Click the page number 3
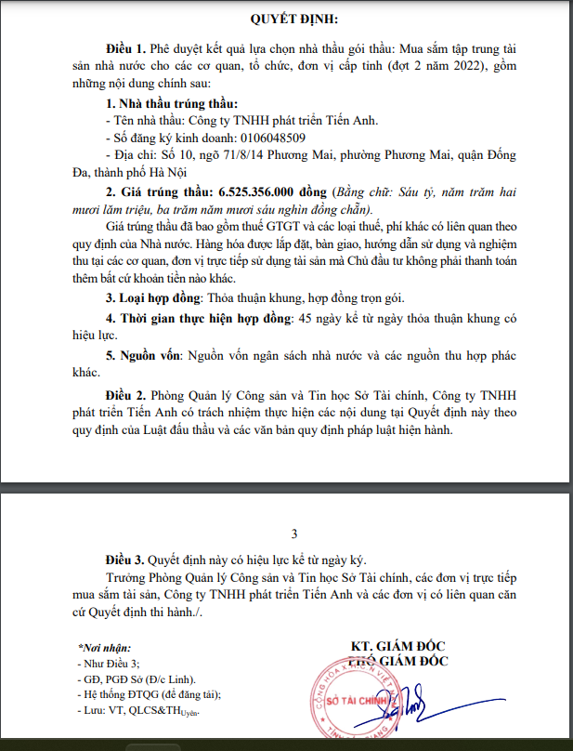294,534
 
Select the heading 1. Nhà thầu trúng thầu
172,103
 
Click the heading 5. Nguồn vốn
145,356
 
